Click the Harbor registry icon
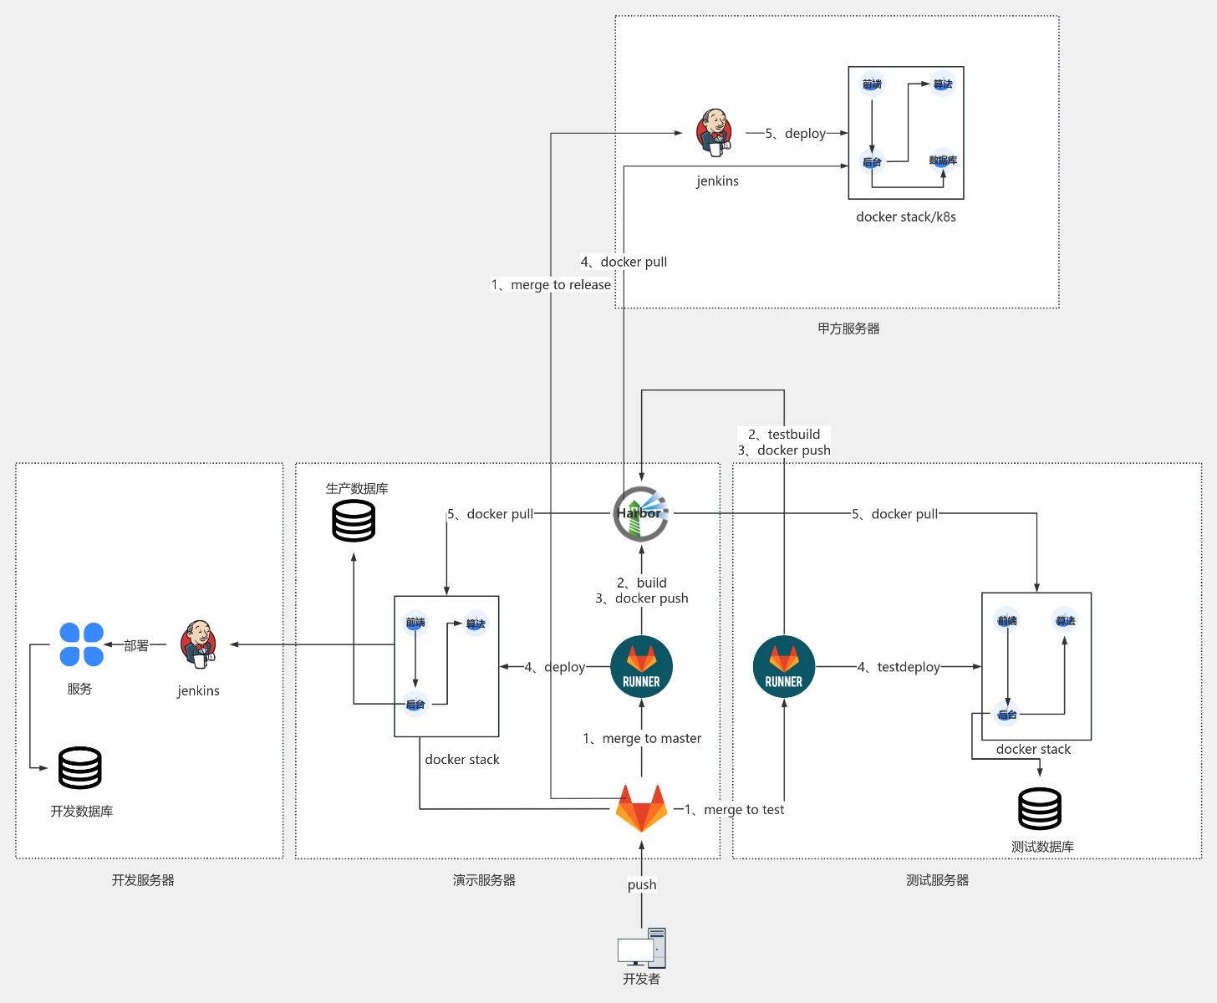(x=641, y=513)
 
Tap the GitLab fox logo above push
(x=641, y=807)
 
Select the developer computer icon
(x=642, y=948)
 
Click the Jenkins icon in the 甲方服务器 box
(x=715, y=132)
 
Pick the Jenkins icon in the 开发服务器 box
(x=198, y=644)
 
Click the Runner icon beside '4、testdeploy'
(x=784, y=667)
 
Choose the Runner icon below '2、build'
(x=641, y=667)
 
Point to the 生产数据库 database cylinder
(x=354, y=520)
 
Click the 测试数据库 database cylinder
(x=1040, y=808)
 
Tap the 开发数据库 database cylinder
(x=80, y=767)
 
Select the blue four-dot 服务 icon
(x=82, y=644)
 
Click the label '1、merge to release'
(x=552, y=285)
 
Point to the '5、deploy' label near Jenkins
(x=796, y=134)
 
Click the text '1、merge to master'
(x=642, y=739)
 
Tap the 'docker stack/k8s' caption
(x=906, y=217)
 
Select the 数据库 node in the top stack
(x=943, y=160)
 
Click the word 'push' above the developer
(x=642, y=885)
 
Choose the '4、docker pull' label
(x=624, y=262)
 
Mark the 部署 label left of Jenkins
(x=136, y=645)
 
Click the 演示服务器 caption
(x=484, y=880)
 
